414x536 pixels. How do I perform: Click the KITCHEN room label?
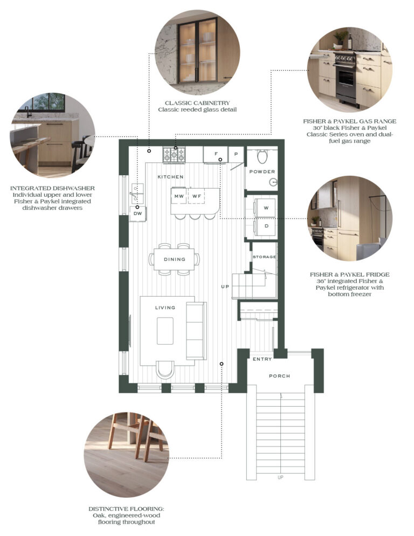[x=170, y=177]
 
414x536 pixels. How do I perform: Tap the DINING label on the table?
[x=174, y=259]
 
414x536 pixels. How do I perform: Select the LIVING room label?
[x=165, y=308]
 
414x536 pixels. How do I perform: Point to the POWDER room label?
[x=262, y=171]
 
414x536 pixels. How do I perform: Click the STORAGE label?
[x=264, y=257]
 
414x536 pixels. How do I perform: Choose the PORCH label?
[x=279, y=376]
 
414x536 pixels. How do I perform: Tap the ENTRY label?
[x=262, y=359]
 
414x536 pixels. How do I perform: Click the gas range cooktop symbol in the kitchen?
[x=174, y=155]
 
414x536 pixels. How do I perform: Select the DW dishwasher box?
[x=138, y=214]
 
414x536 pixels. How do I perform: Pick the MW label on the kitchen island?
[x=179, y=196]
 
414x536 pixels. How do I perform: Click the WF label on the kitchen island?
[x=197, y=196]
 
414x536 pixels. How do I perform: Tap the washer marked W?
[x=264, y=208]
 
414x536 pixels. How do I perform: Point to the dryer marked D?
[x=264, y=226]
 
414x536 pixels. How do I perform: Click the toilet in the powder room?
[x=262, y=156]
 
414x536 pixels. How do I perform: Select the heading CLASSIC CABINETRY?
[x=197, y=103]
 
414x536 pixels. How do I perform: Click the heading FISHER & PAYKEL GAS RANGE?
[x=350, y=121]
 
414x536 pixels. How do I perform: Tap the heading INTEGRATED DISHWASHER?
[x=52, y=188]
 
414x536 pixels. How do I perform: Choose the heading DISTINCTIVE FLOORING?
[x=126, y=509]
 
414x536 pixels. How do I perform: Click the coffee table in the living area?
[x=165, y=331]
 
